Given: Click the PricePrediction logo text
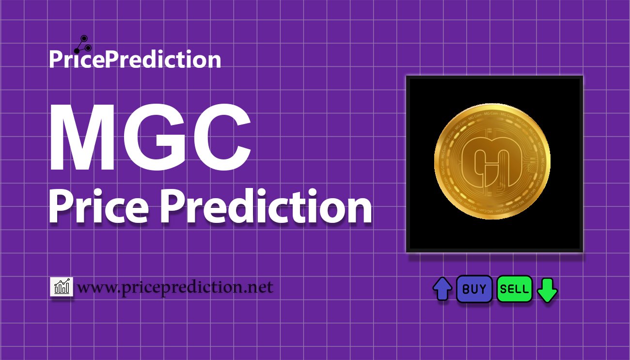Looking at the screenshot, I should pos(135,60).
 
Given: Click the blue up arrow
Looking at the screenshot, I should pos(442,289).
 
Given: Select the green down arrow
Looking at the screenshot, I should pos(548,289).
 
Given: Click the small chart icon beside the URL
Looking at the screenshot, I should pos(62,287).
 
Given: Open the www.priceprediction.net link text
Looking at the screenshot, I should pos(175,288).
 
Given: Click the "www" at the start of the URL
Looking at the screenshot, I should pos(94,289).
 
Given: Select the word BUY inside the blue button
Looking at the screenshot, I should pos(474,289).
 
